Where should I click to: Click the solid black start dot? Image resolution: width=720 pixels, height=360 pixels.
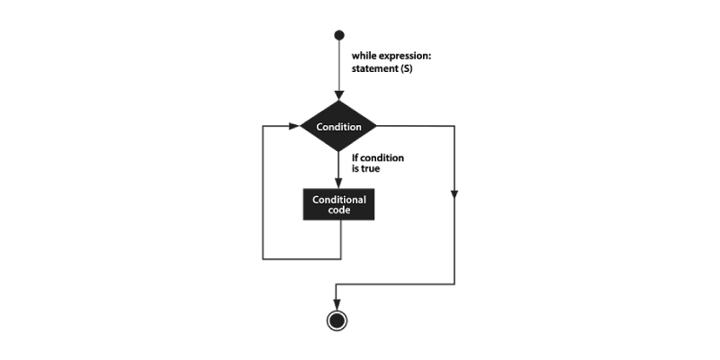(339, 35)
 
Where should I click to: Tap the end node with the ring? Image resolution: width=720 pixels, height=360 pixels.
(337, 320)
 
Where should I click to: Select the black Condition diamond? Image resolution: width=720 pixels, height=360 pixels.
(338, 126)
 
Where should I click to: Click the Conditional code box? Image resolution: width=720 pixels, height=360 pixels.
(339, 204)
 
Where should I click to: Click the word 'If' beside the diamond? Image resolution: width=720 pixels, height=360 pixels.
(355, 158)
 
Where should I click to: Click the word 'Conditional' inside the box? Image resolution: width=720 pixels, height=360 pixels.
(339, 200)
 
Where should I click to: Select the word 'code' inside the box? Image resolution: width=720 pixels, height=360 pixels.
(339, 211)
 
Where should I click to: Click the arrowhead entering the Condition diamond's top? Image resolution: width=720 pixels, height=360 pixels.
(339, 95)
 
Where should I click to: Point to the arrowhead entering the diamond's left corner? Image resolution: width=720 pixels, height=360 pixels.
(294, 126)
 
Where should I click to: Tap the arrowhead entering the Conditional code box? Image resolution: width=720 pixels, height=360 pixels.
(339, 184)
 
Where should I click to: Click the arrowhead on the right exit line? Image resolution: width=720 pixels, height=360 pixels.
(454, 194)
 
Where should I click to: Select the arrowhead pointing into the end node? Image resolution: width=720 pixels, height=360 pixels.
(337, 305)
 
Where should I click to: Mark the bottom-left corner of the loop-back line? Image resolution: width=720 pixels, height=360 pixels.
(263, 259)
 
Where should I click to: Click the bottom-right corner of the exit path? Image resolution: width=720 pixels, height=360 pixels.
(454, 284)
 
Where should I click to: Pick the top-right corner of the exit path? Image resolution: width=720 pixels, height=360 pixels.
(454, 126)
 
